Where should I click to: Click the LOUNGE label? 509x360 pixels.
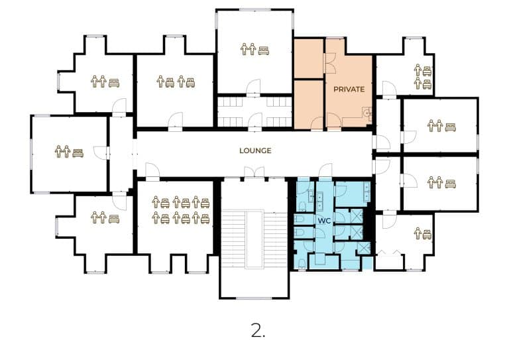click(x=255, y=150)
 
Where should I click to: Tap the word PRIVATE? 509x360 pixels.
click(x=349, y=89)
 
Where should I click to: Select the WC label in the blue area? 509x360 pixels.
click(x=324, y=221)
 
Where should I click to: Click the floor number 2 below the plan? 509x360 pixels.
click(x=258, y=330)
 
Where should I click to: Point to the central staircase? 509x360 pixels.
click(x=254, y=239)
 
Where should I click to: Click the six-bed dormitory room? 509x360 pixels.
click(x=175, y=217)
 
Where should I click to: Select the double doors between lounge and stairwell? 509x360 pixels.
click(x=254, y=172)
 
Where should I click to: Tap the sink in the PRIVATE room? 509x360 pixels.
click(x=367, y=113)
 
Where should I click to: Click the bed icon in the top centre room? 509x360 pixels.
click(x=264, y=50)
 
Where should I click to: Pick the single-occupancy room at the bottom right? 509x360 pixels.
click(x=405, y=240)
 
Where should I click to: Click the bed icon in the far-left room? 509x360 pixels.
click(x=78, y=152)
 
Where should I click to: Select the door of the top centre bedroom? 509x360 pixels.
click(x=253, y=87)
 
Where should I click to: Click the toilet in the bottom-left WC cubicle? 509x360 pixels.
click(x=302, y=263)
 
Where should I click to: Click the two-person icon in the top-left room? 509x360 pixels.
click(x=99, y=81)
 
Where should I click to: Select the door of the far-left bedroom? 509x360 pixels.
click(x=100, y=152)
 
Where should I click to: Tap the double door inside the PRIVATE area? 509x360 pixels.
click(x=331, y=63)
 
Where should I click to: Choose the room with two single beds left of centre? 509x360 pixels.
click(x=175, y=90)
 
